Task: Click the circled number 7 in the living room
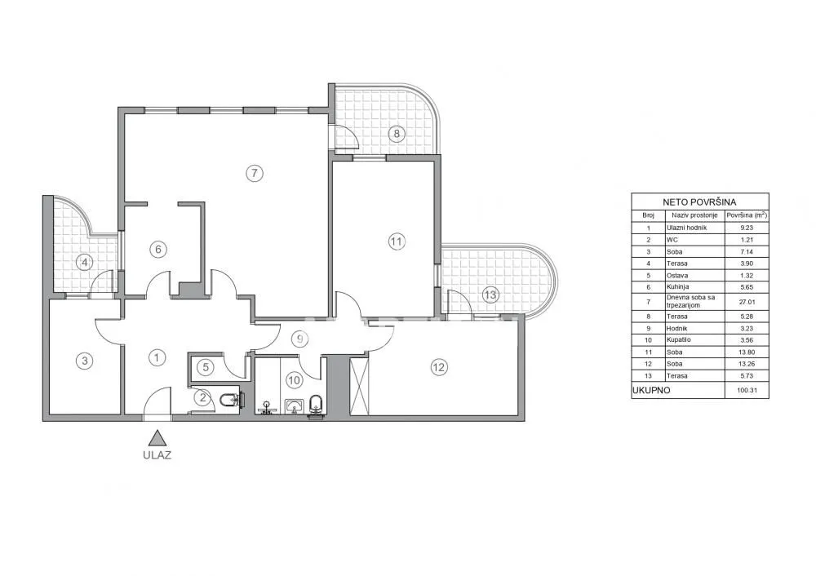click(254, 173)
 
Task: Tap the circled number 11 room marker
click(397, 241)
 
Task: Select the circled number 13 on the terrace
click(490, 295)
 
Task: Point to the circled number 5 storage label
click(206, 367)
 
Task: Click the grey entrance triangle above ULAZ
click(156, 438)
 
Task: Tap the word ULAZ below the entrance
click(157, 455)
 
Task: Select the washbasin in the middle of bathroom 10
click(294, 405)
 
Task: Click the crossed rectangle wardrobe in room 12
click(359, 387)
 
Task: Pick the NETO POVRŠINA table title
click(699, 202)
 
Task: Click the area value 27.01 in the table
click(747, 302)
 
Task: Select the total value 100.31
click(747, 390)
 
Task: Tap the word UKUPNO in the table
click(651, 390)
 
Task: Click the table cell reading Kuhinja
click(677, 286)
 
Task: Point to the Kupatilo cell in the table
click(679, 339)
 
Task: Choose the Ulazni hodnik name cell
click(686, 228)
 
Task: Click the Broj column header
click(648, 215)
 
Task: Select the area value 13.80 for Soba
click(747, 352)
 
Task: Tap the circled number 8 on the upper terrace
click(397, 134)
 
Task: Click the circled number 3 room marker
click(84, 360)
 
